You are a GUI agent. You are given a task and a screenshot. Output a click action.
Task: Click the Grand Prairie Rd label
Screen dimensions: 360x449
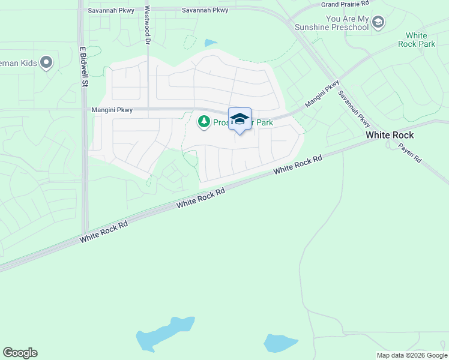[x=345, y=4]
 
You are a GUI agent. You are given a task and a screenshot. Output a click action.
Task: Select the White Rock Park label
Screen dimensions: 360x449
[x=420, y=40]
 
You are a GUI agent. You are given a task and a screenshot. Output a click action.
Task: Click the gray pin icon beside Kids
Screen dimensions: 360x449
[x=47, y=62]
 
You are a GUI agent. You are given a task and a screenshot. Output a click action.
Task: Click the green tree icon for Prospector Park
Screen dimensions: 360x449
[x=204, y=122]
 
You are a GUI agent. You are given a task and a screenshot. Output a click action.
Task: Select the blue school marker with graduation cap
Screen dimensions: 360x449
[x=240, y=119]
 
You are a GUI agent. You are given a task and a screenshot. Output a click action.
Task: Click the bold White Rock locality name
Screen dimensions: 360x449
[x=390, y=135]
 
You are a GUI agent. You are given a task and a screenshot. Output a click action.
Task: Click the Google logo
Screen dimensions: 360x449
[x=20, y=353]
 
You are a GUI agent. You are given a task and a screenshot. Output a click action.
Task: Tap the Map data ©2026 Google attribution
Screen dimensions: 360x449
[x=411, y=355]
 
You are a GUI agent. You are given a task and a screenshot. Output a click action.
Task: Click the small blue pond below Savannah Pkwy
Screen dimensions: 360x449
[x=211, y=43]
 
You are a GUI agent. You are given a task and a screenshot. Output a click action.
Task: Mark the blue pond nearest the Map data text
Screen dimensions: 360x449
[x=280, y=343]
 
